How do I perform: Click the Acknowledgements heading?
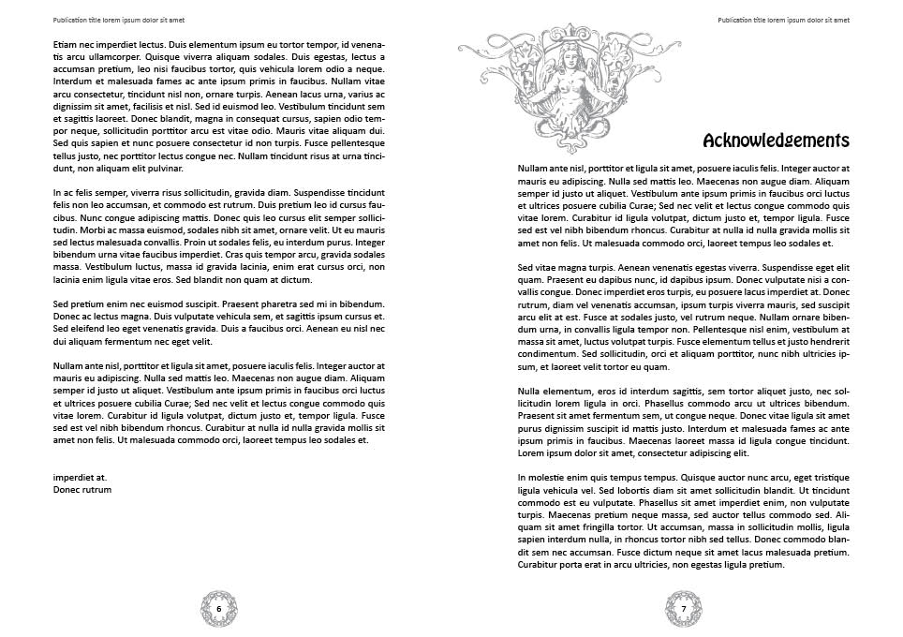point(776,141)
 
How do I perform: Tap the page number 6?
point(219,608)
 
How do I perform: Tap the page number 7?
point(684,608)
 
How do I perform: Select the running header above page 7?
point(784,20)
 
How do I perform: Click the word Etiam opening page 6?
point(65,44)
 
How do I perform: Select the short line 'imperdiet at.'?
point(80,477)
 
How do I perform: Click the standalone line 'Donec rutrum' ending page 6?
point(82,489)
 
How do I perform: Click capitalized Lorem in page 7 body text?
point(531,452)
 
